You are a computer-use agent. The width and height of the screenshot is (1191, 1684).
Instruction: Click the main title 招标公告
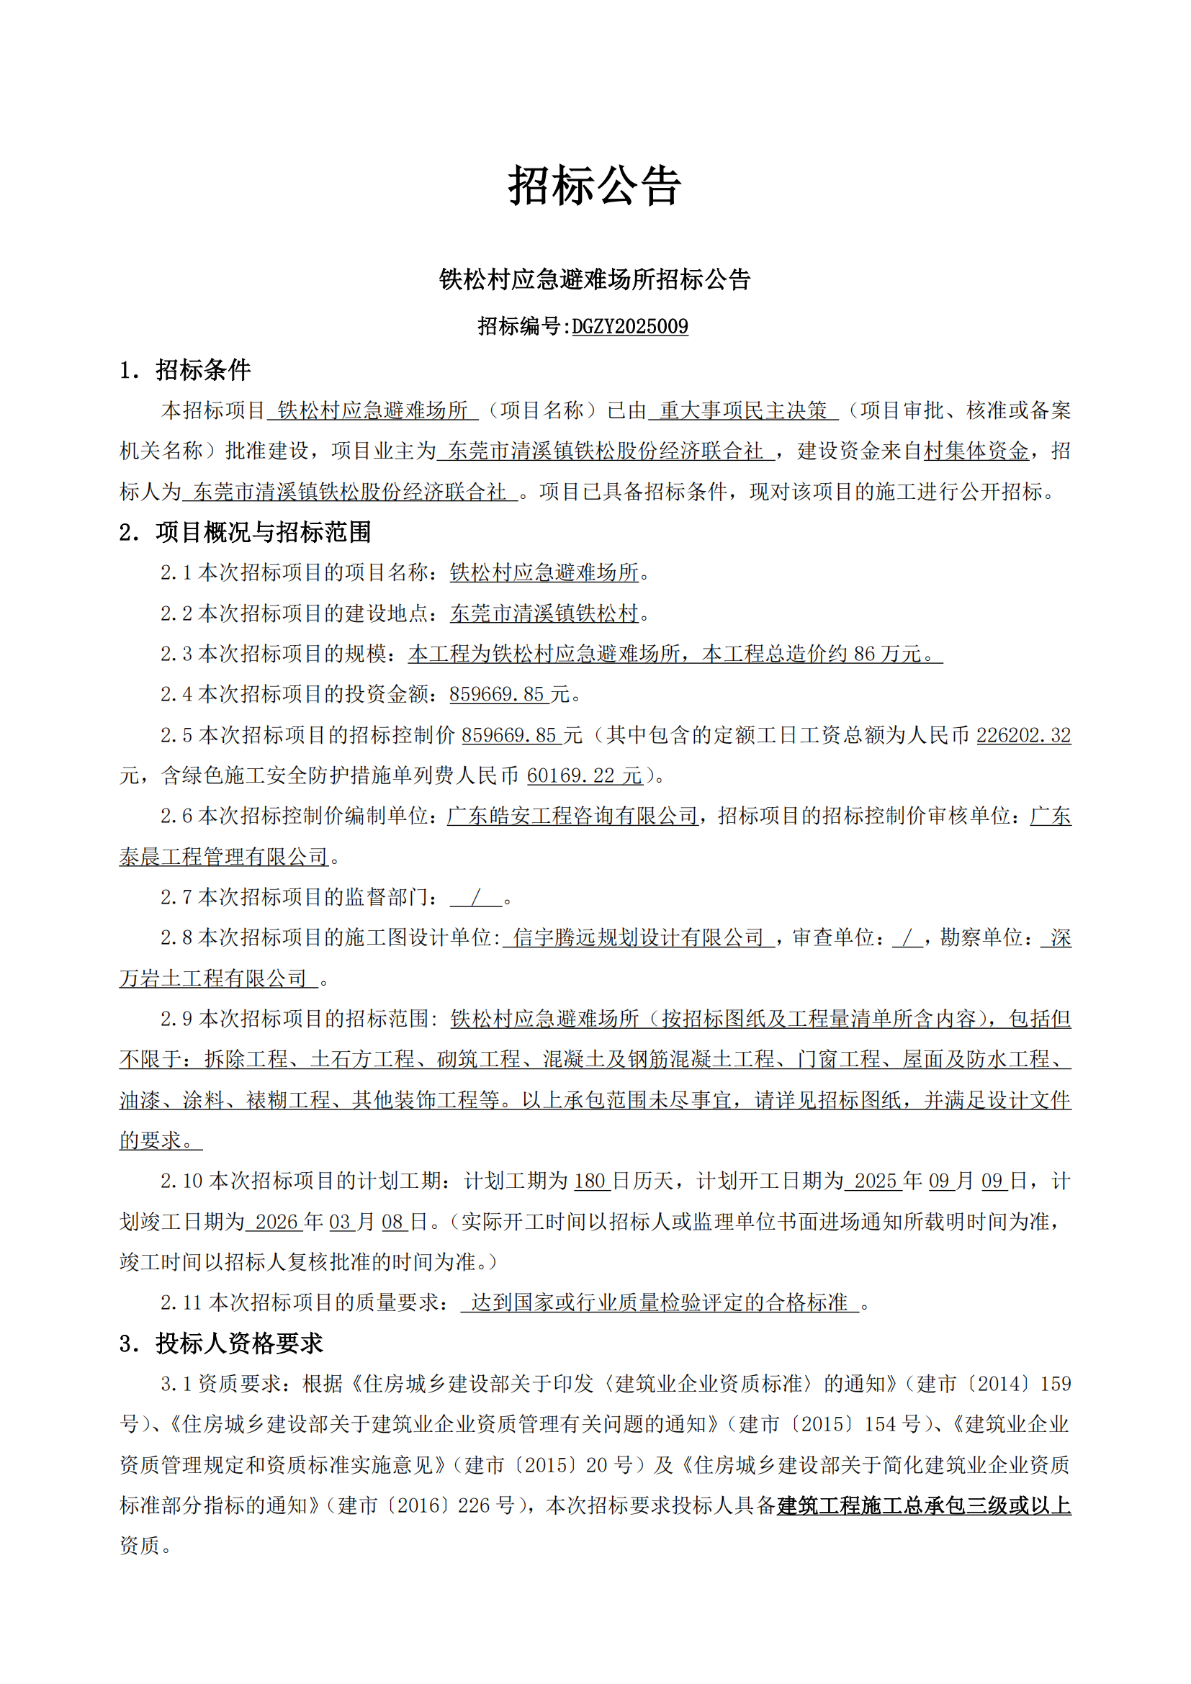[x=595, y=186]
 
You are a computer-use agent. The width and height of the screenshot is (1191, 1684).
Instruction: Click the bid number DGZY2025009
[x=630, y=326]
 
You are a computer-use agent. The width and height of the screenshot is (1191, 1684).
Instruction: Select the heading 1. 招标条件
[x=186, y=369]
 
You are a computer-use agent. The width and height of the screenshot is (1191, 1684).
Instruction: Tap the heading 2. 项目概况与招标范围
[x=245, y=532]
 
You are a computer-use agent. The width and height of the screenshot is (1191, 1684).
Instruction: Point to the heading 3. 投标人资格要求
[x=221, y=1343]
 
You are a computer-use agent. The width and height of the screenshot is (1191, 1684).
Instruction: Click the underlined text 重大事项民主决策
[x=743, y=410]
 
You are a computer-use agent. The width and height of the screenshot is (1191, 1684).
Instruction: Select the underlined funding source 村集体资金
[x=976, y=451]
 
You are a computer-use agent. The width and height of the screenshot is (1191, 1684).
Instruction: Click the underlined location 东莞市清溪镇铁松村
[x=544, y=613]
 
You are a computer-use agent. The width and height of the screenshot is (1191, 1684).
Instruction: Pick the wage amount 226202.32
[x=1023, y=735]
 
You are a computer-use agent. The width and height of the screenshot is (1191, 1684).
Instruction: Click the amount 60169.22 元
[x=584, y=775]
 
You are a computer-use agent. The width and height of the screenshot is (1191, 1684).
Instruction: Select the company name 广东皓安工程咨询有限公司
[x=572, y=816]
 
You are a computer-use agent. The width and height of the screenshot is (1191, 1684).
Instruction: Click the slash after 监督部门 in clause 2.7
[x=476, y=897]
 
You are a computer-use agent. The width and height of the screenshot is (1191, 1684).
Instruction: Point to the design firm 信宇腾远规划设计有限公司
[x=638, y=937]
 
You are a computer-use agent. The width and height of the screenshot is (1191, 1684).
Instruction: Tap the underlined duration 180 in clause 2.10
[x=589, y=1181]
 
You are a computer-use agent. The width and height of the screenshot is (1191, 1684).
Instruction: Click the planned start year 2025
[x=875, y=1181]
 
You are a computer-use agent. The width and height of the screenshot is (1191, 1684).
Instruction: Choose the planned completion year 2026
[x=276, y=1221]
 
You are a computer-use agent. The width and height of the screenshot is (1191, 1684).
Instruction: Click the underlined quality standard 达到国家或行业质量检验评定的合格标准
[x=660, y=1302]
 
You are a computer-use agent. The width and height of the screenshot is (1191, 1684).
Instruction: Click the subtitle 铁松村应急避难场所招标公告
[x=595, y=279]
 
